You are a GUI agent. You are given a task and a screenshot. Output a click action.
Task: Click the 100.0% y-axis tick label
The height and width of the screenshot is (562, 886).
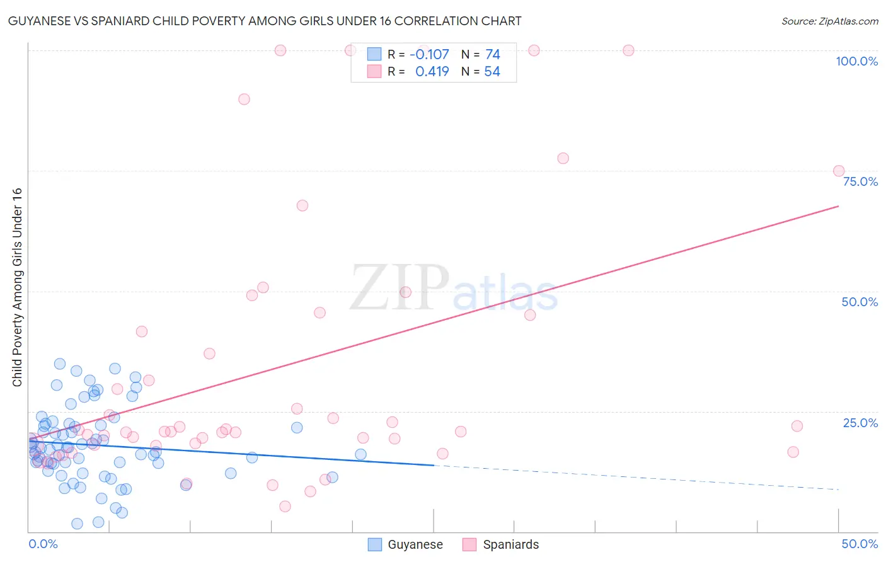pyautogui.click(x=856, y=61)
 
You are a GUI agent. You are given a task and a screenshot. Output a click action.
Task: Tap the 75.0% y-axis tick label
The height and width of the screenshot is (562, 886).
pyautogui.click(x=860, y=181)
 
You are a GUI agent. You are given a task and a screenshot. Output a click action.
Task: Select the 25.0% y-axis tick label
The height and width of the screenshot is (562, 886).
pyautogui.click(x=860, y=423)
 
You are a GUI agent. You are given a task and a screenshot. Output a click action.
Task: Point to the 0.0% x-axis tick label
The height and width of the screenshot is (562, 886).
pyautogui.click(x=43, y=544)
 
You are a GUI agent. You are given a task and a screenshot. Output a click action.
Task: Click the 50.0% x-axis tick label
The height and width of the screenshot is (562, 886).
pyautogui.click(x=860, y=544)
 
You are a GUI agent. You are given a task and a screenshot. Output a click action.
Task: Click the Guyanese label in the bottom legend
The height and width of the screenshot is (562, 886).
pyautogui.click(x=415, y=544)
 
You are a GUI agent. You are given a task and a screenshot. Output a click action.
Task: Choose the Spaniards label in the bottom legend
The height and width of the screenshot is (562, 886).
pyautogui.click(x=510, y=544)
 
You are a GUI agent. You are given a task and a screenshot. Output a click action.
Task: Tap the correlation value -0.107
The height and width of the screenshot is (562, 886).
pyautogui.click(x=429, y=54)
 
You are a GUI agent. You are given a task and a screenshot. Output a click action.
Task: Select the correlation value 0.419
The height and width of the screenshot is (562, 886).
pyautogui.click(x=432, y=72)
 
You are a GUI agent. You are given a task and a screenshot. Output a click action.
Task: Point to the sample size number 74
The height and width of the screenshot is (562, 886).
pyautogui.click(x=493, y=54)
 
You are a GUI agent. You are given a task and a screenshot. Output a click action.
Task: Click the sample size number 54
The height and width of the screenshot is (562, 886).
pyautogui.click(x=492, y=72)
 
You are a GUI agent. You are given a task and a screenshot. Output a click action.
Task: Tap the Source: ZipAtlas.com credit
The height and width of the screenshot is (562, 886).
pyautogui.click(x=829, y=21)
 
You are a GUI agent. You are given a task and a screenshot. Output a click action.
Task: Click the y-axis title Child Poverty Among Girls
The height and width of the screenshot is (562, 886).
pyautogui.click(x=17, y=287)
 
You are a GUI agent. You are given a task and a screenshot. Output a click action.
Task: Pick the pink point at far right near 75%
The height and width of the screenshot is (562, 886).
pyautogui.click(x=839, y=171)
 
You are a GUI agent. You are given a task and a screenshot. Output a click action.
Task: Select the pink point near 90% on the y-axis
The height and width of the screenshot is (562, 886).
pyautogui.click(x=244, y=99)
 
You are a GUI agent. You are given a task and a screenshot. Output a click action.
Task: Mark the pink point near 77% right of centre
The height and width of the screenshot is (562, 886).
pyautogui.click(x=563, y=158)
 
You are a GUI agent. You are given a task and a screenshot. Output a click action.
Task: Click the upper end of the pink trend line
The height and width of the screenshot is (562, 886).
pyautogui.click(x=838, y=206)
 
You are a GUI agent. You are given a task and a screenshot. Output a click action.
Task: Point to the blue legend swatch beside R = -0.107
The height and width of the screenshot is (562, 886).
pyautogui.click(x=374, y=54)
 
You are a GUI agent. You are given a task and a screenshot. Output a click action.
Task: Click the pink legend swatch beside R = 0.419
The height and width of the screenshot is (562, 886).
pyautogui.click(x=374, y=72)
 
